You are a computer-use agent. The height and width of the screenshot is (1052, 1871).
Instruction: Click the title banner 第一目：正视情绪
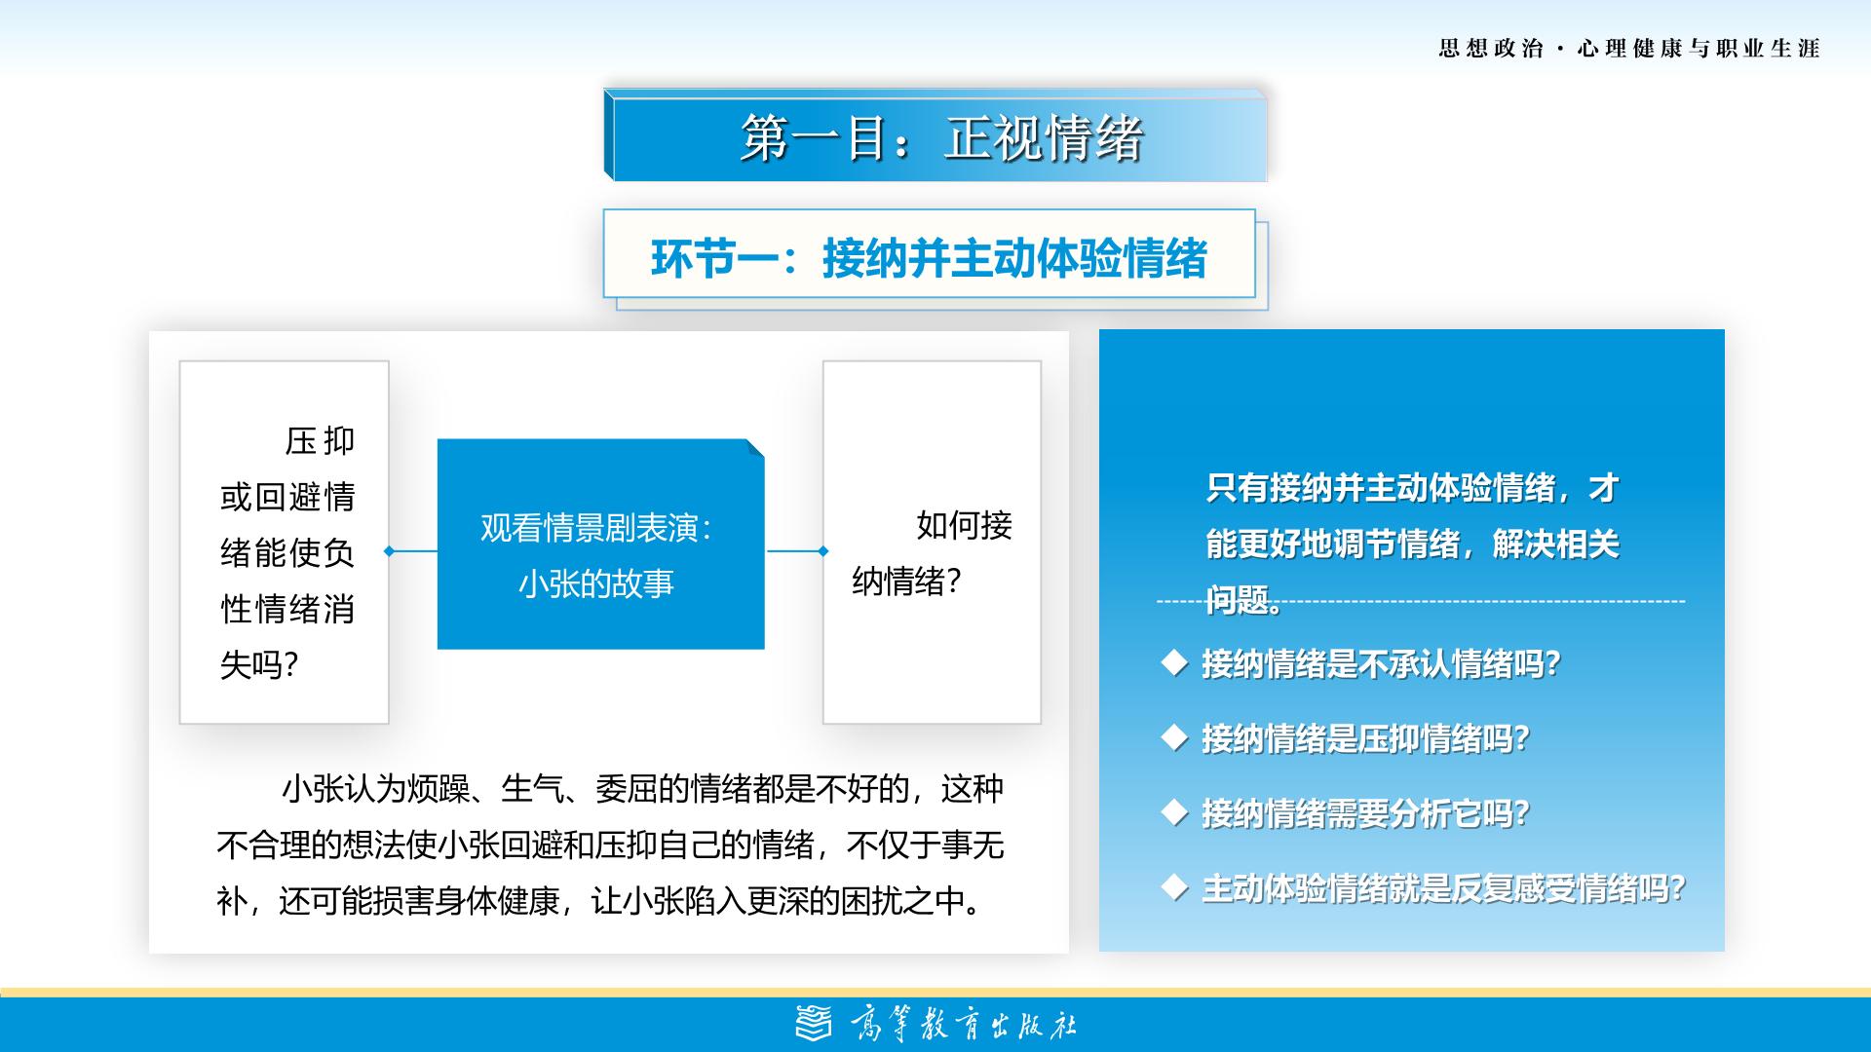click(x=935, y=136)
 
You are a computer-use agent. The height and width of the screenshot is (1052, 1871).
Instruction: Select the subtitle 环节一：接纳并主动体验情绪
click(x=929, y=258)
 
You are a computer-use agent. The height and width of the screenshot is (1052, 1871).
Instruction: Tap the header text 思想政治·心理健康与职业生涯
click(x=1629, y=49)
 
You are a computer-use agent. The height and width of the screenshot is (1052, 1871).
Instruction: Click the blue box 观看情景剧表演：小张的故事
click(x=600, y=544)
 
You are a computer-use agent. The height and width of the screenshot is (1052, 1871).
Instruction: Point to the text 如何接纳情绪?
click(x=932, y=553)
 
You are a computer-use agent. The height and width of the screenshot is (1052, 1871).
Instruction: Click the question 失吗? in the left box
click(x=259, y=665)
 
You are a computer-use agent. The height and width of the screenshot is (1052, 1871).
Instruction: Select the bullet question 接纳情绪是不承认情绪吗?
click(x=1381, y=664)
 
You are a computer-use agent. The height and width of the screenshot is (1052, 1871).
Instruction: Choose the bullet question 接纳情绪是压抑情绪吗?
click(x=1365, y=739)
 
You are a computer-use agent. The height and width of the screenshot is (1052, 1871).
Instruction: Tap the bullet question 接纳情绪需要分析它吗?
click(x=1365, y=813)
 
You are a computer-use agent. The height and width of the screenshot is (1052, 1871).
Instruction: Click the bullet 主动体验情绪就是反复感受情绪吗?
click(x=1443, y=888)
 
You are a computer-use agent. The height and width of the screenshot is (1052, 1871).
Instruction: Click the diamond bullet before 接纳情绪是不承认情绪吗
click(x=1175, y=663)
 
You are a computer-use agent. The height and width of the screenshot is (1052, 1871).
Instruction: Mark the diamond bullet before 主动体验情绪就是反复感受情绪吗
click(x=1175, y=887)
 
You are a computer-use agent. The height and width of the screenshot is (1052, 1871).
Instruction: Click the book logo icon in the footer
click(x=815, y=1024)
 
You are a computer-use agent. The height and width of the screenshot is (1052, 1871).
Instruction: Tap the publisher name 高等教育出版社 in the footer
click(x=964, y=1025)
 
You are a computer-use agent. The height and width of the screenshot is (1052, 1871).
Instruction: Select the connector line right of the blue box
click(x=797, y=551)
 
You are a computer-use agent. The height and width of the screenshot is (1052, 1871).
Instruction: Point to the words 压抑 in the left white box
click(x=320, y=441)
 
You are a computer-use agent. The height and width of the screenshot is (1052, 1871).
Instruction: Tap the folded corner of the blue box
click(x=754, y=448)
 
